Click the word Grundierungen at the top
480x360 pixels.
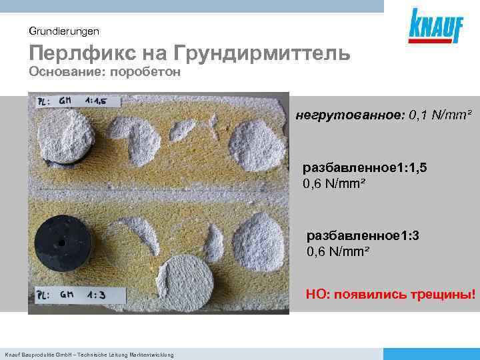64,31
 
